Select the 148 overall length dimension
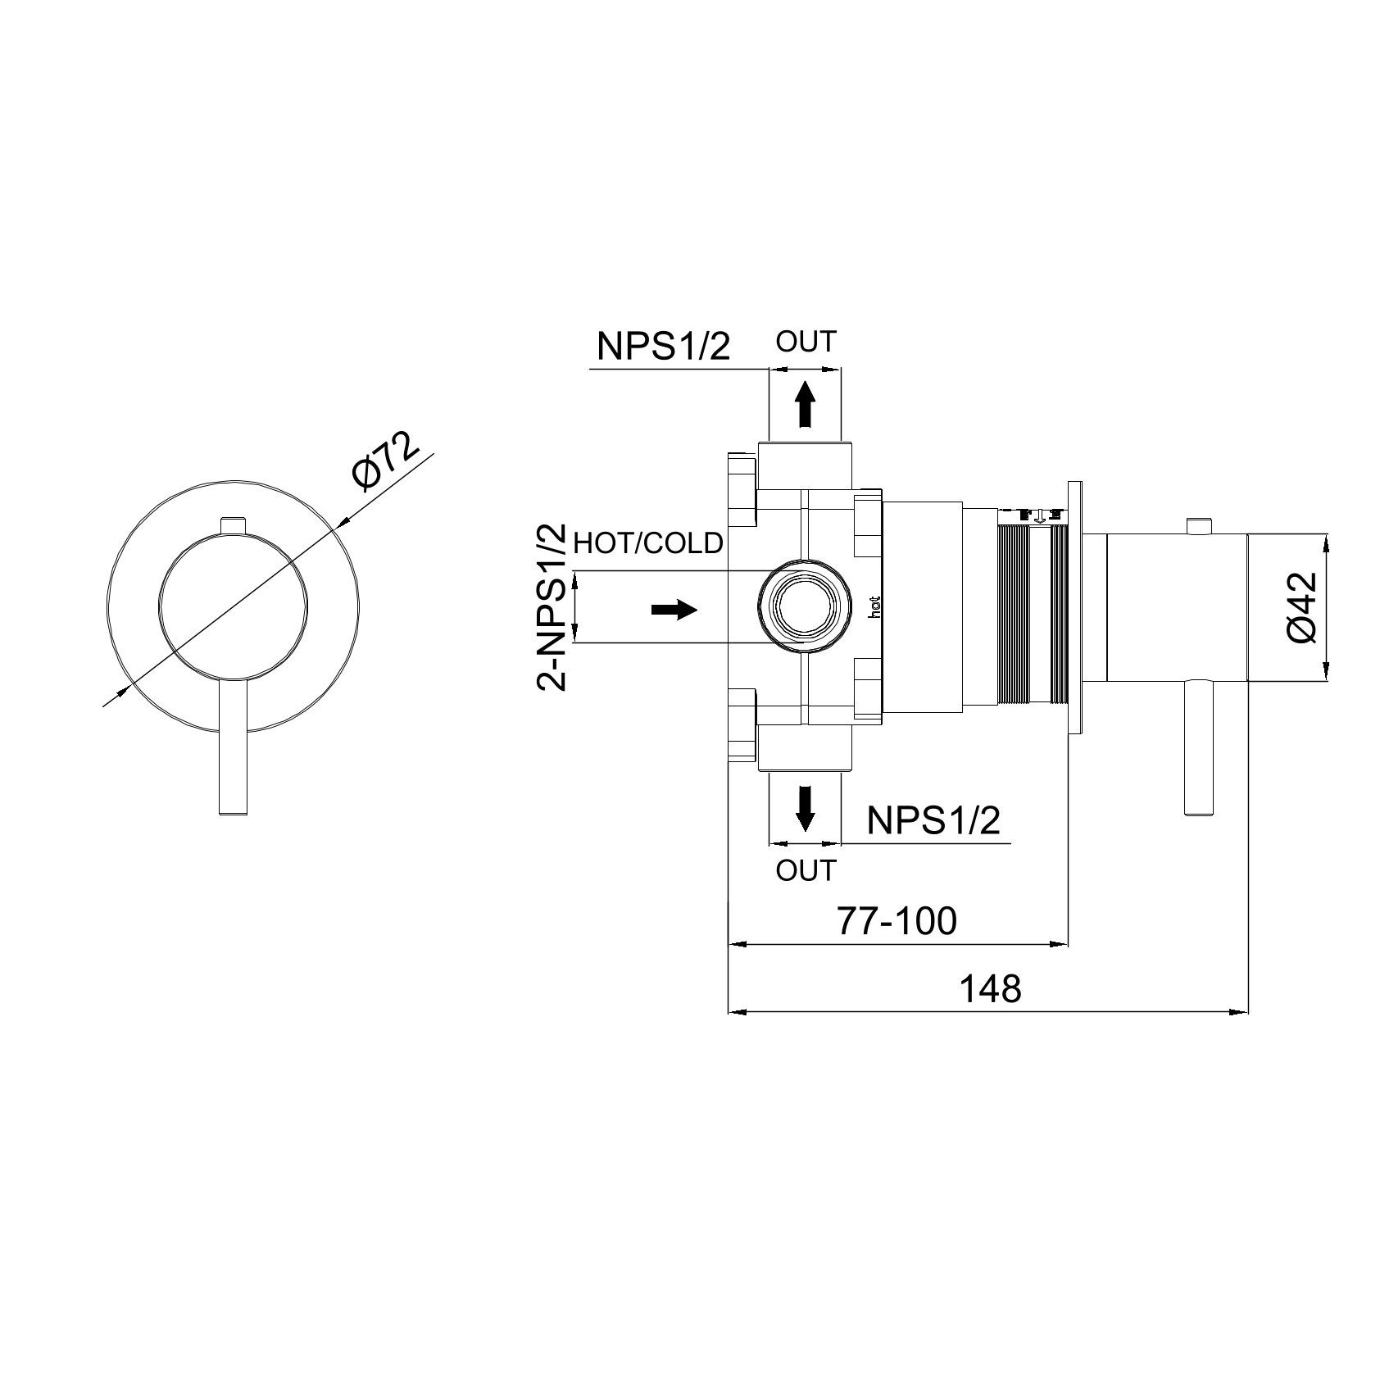pos(990,989)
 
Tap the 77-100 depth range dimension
pos(897,921)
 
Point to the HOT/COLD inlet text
pos(648,542)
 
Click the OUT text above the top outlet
pos(806,343)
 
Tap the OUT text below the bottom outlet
pos(806,870)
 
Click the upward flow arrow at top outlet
pos(806,403)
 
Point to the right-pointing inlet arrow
pos(674,610)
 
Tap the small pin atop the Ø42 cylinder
pos(1198,525)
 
